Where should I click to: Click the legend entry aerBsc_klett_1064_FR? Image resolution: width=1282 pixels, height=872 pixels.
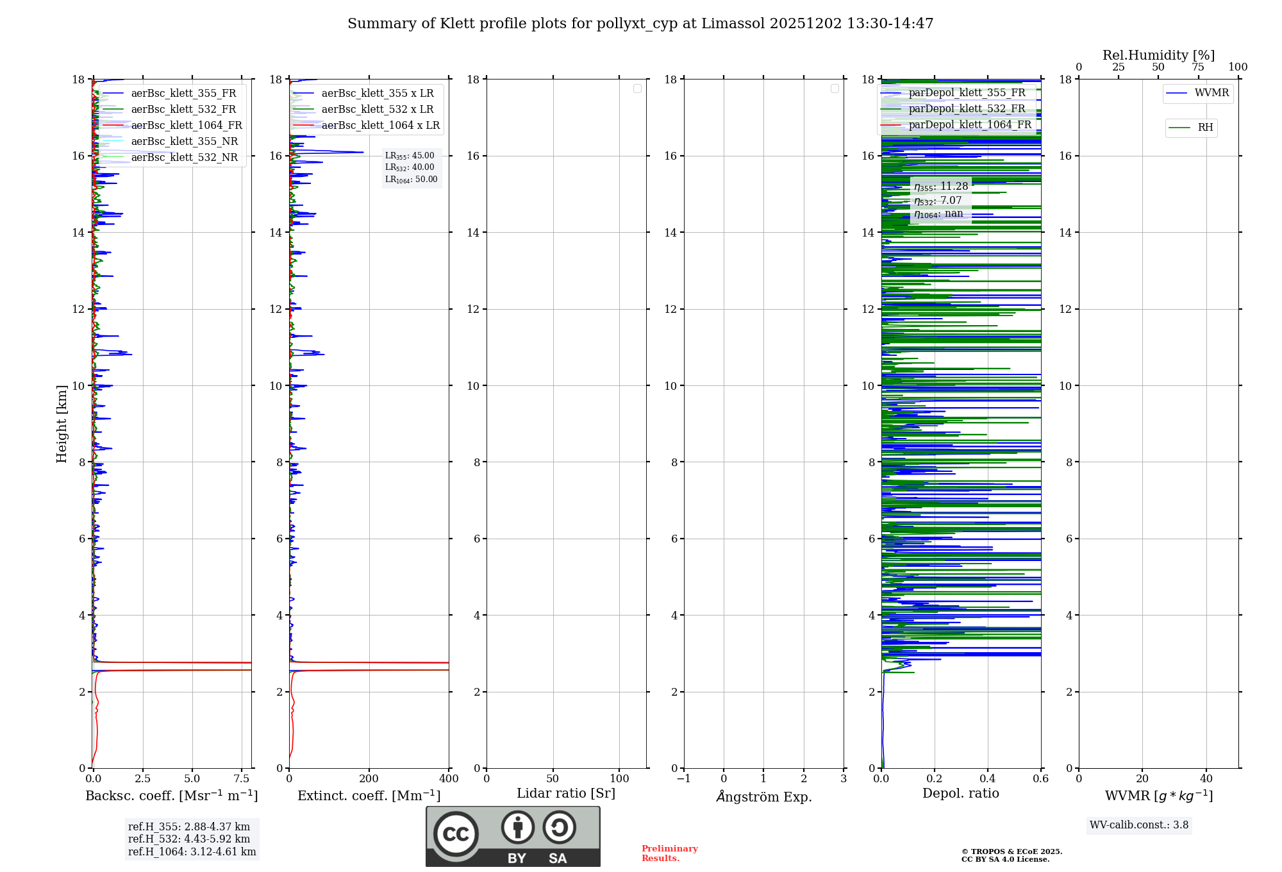coord(186,126)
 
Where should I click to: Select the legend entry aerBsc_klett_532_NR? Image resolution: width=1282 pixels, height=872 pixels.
coord(184,158)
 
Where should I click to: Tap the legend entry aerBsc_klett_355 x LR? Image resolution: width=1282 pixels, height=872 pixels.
coord(377,94)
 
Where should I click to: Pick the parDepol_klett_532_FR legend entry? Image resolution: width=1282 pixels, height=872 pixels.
coord(967,109)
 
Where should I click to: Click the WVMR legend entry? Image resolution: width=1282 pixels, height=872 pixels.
coord(1211,93)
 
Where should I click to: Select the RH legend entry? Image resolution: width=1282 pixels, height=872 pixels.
coord(1204,128)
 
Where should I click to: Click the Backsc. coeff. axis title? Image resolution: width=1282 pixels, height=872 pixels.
coord(172,796)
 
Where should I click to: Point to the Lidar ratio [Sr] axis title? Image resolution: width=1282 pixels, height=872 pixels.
coord(566,794)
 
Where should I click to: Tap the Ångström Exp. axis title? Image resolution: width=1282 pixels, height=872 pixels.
coord(763,797)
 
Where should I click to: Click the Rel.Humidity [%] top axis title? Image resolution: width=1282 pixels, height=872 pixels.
coord(1158,55)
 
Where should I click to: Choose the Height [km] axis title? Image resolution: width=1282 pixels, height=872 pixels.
coord(62,424)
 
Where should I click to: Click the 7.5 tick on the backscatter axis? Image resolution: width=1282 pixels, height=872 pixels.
coord(242,779)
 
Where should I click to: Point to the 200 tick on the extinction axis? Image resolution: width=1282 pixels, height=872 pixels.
coord(369,779)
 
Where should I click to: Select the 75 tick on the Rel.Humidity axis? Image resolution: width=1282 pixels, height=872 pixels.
coord(1197,67)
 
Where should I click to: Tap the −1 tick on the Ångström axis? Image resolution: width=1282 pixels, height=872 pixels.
coord(684,779)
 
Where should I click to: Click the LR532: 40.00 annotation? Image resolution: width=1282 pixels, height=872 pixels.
coord(410,167)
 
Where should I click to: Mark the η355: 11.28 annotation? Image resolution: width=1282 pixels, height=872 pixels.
coord(941,187)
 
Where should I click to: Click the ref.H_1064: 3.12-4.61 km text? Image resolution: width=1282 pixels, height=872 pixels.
coord(192,852)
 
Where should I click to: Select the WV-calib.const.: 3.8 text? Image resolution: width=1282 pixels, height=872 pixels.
coord(1139,825)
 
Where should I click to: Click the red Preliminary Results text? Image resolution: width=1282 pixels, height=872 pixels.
coord(669,853)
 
